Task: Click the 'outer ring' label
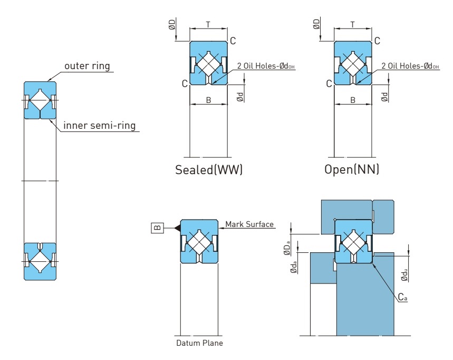tap(87, 66)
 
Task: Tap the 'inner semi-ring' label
tap(99, 126)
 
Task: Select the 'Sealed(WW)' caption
tap(209, 169)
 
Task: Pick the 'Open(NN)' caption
tap(352, 169)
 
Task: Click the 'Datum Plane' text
tap(200, 343)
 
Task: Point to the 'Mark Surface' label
tap(249, 224)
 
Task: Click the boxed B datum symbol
tap(158, 228)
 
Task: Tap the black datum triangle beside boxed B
tap(178, 228)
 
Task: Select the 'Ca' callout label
tap(402, 297)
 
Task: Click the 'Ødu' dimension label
tap(404, 274)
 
